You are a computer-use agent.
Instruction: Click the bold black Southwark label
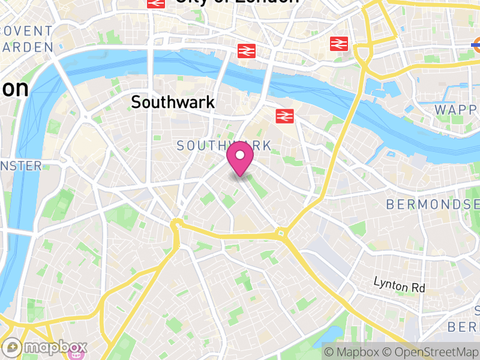[x=173, y=102]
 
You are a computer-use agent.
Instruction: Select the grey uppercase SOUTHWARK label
[x=224, y=146]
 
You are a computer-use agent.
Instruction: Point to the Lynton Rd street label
[x=399, y=284]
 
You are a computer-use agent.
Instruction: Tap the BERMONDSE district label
[x=432, y=205]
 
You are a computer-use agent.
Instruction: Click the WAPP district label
[x=456, y=110]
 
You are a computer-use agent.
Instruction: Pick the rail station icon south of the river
[x=284, y=116]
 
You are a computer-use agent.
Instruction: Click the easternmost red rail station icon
[x=339, y=43]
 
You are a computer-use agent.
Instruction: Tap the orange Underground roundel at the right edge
[x=477, y=43]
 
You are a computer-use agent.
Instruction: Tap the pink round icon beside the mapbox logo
[x=76, y=353]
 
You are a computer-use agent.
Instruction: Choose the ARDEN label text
[x=26, y=47]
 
